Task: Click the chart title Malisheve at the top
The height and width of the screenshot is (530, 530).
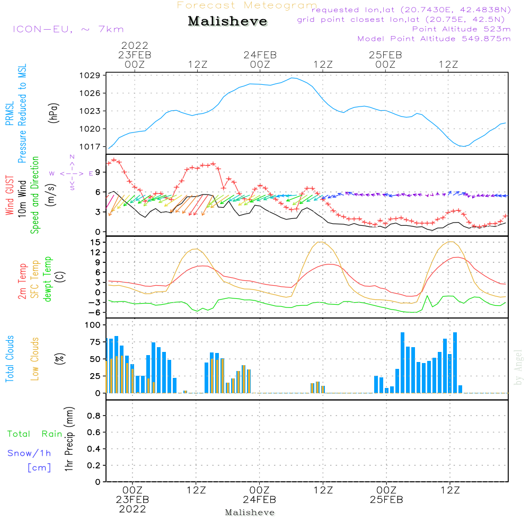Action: click(x=228, y=21)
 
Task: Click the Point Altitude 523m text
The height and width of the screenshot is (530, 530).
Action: click(x=461, y=29)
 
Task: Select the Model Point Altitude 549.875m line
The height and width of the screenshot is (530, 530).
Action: click(x=434, y=39)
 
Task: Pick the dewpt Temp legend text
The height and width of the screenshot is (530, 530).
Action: click(x=48, y=279)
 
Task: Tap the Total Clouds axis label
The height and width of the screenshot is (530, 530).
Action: click(x=10, y=359)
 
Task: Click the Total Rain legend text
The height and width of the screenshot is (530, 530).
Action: click(x=35, y=434)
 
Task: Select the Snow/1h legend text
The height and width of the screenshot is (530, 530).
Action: click(x=30, y=453)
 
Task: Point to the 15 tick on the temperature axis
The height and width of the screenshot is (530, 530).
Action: click(x=96, y=242)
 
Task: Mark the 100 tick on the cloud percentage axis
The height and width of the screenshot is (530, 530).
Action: click(x=93, y=325)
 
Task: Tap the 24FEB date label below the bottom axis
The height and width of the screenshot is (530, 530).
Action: click(x=260, y=500)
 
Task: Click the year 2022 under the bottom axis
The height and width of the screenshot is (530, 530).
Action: click(x=132, y=509)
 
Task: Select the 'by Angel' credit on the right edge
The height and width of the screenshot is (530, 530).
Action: click(x=519, y=367)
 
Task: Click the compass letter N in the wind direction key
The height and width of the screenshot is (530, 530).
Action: click(x=72, y=157)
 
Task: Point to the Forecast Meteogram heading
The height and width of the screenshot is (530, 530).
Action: click(x=247, y=5)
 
